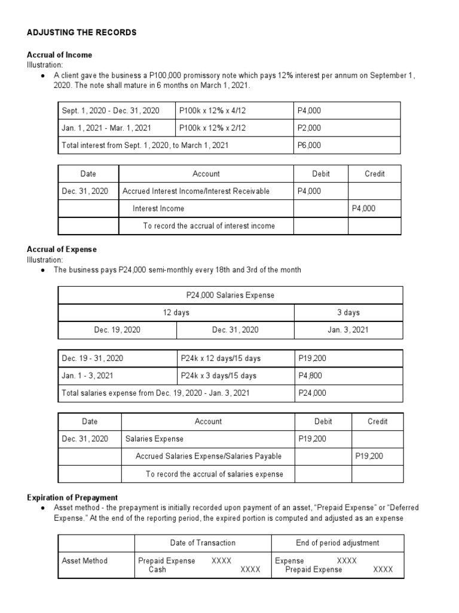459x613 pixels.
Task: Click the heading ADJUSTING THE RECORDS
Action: click(82, 32)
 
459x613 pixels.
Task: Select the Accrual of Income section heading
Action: click(60, 55)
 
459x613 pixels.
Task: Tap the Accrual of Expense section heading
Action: click(62, 249)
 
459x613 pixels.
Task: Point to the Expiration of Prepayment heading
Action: click(72, 497)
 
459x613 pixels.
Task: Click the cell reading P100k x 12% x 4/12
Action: click(212, 111)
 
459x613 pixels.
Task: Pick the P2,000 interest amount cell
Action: click(310, 128)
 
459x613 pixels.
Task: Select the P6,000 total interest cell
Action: click(310, 145)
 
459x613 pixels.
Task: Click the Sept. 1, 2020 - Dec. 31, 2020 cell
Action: click(111, 111)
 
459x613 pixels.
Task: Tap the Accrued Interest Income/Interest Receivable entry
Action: click(196, 191)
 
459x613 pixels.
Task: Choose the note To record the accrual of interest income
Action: click(209, 226)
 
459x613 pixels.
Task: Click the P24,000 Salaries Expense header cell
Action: click(231, 295)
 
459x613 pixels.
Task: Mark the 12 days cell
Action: click(176, 312)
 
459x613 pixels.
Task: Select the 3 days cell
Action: click(348, 312)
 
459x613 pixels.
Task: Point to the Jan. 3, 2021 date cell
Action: click(348, 330)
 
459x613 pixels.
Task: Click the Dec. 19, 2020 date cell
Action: click(117, 330)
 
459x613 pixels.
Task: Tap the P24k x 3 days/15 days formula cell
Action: click(218, 376)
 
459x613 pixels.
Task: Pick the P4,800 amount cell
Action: click(310, 376)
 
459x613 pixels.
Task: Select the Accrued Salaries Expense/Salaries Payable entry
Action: click(209, 456)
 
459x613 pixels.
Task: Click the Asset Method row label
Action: click(85, 561)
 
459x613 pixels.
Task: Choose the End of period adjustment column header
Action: click(338, 543)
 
